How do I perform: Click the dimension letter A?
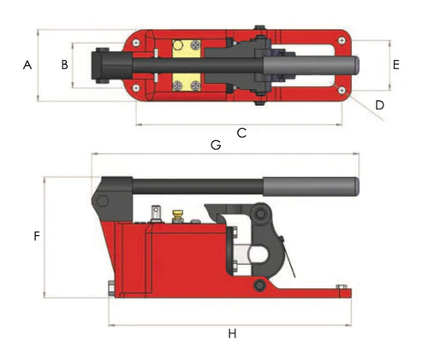coord(27,65)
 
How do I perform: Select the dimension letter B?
coord(63,65)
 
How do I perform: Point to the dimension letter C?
coord(241,133)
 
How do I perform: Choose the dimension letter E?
coord(395,64)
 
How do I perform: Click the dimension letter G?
coord(216,145)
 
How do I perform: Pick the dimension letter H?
coord(232,333)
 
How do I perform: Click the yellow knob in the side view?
coord(178,214)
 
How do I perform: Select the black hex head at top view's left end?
coord(104,65)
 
